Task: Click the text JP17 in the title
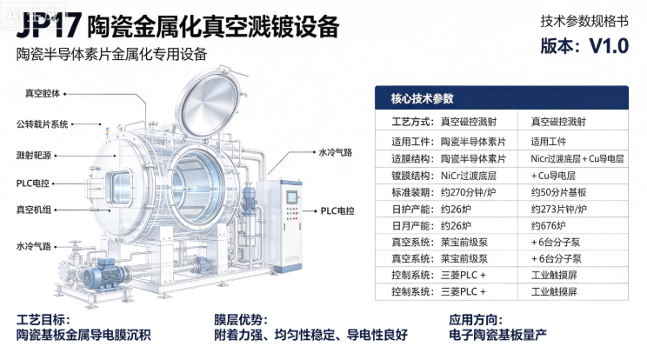[x=49, y=25]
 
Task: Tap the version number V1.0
[x=609, y=46]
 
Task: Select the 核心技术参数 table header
[x=422, y=98]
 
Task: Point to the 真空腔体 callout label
[x=43, y=94]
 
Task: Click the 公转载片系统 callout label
[x=42, y=124]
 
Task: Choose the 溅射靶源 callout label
[x=34, y=156]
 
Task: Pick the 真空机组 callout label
[x=34, y=210]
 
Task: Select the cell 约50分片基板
[x=558, y=192]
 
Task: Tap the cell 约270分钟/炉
[x=469, y=192]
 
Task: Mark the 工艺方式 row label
[x=412, y=122]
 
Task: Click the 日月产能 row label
[x=412, y=226]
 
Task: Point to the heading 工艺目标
[x=43, y=320]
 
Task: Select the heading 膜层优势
[x=241, y=320]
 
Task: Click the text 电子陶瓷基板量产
[x=498, y=335]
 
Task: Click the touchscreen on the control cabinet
[x=292, y=197]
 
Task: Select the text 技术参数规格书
[x=584, y=21]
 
